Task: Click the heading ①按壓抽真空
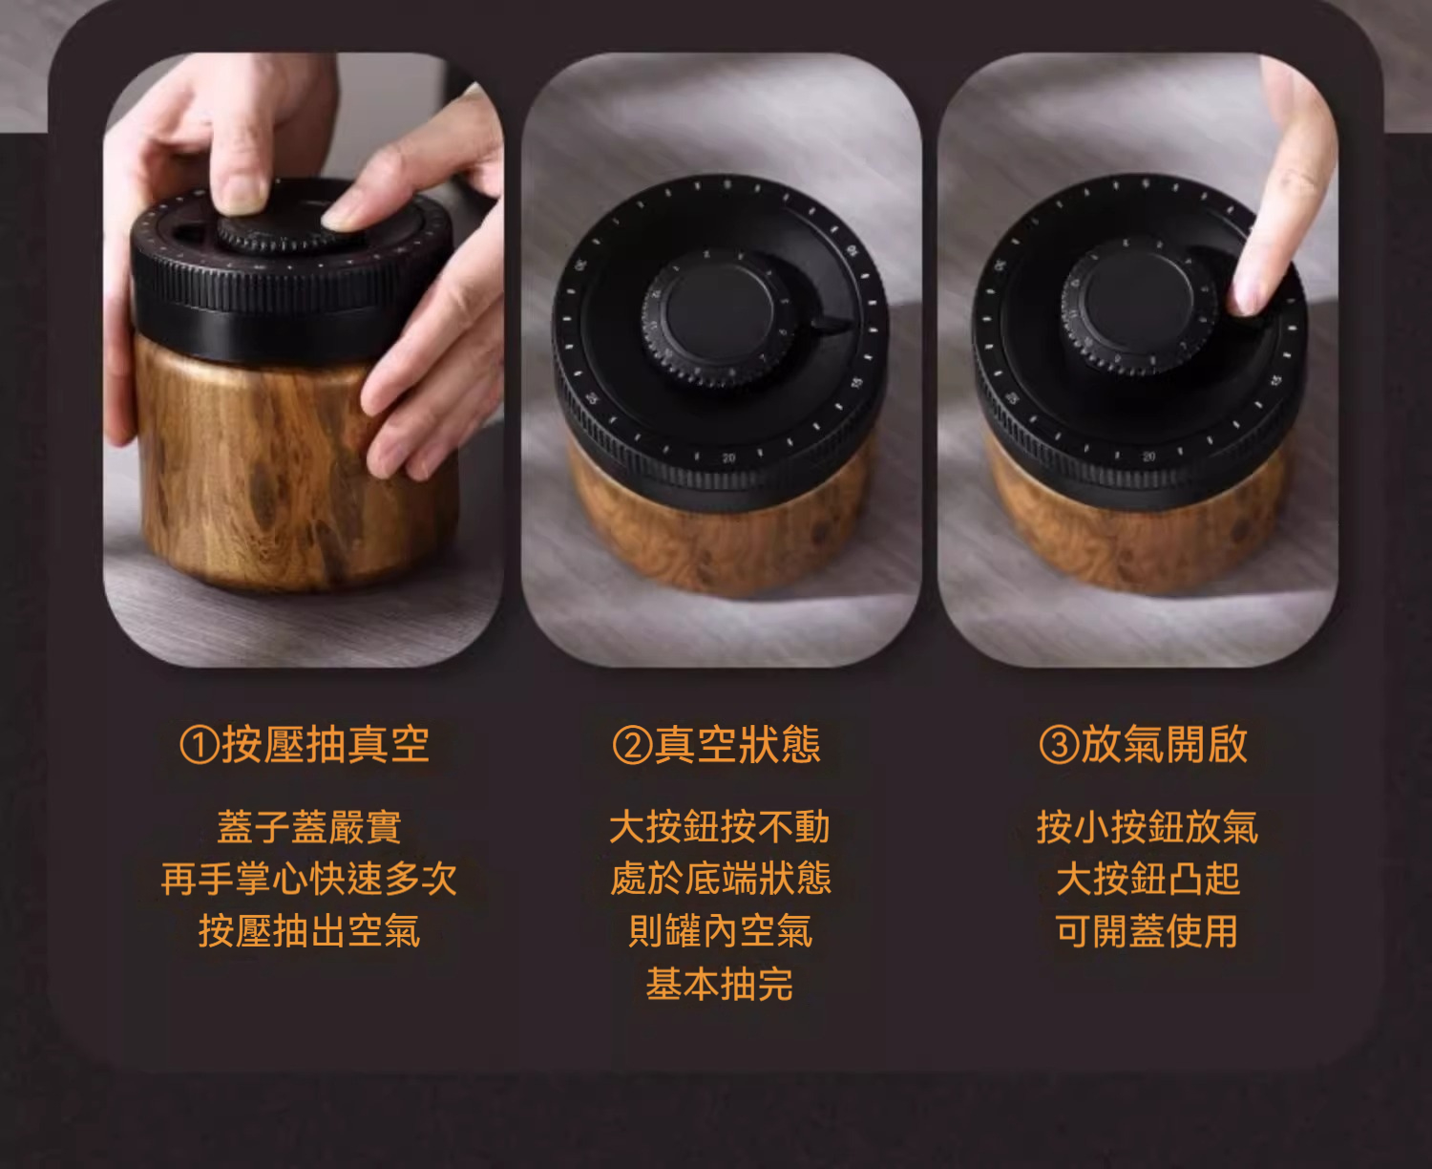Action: (305, 744)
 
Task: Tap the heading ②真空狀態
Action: (717, 744)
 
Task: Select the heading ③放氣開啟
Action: (1144, 744)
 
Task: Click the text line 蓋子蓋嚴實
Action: (309, 827)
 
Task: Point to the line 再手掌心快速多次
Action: (309, 879)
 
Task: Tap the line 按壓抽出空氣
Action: (309, 930)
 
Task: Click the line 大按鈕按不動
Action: (720, 827)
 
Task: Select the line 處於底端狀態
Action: (720, 879)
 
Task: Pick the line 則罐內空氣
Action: (720, 930)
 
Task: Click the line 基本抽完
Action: (720, 984)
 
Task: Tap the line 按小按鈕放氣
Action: (1147, 827)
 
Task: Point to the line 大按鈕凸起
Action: (1147, 879)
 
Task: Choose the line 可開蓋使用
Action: (1147, 930)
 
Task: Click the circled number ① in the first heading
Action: (199, 745)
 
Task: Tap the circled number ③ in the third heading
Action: (1060, 745)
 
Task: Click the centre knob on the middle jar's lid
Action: (720, 316)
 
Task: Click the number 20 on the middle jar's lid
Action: (728, 458)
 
